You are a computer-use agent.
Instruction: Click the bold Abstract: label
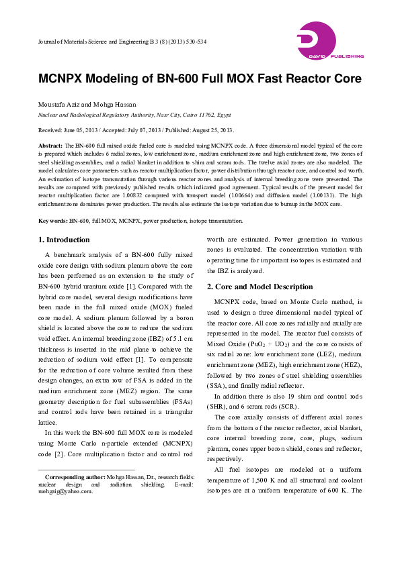click(x=50, y=146)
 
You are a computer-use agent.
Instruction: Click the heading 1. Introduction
click(x=63, y=240)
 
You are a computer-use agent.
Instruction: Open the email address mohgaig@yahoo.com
click(x=65, y=491)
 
